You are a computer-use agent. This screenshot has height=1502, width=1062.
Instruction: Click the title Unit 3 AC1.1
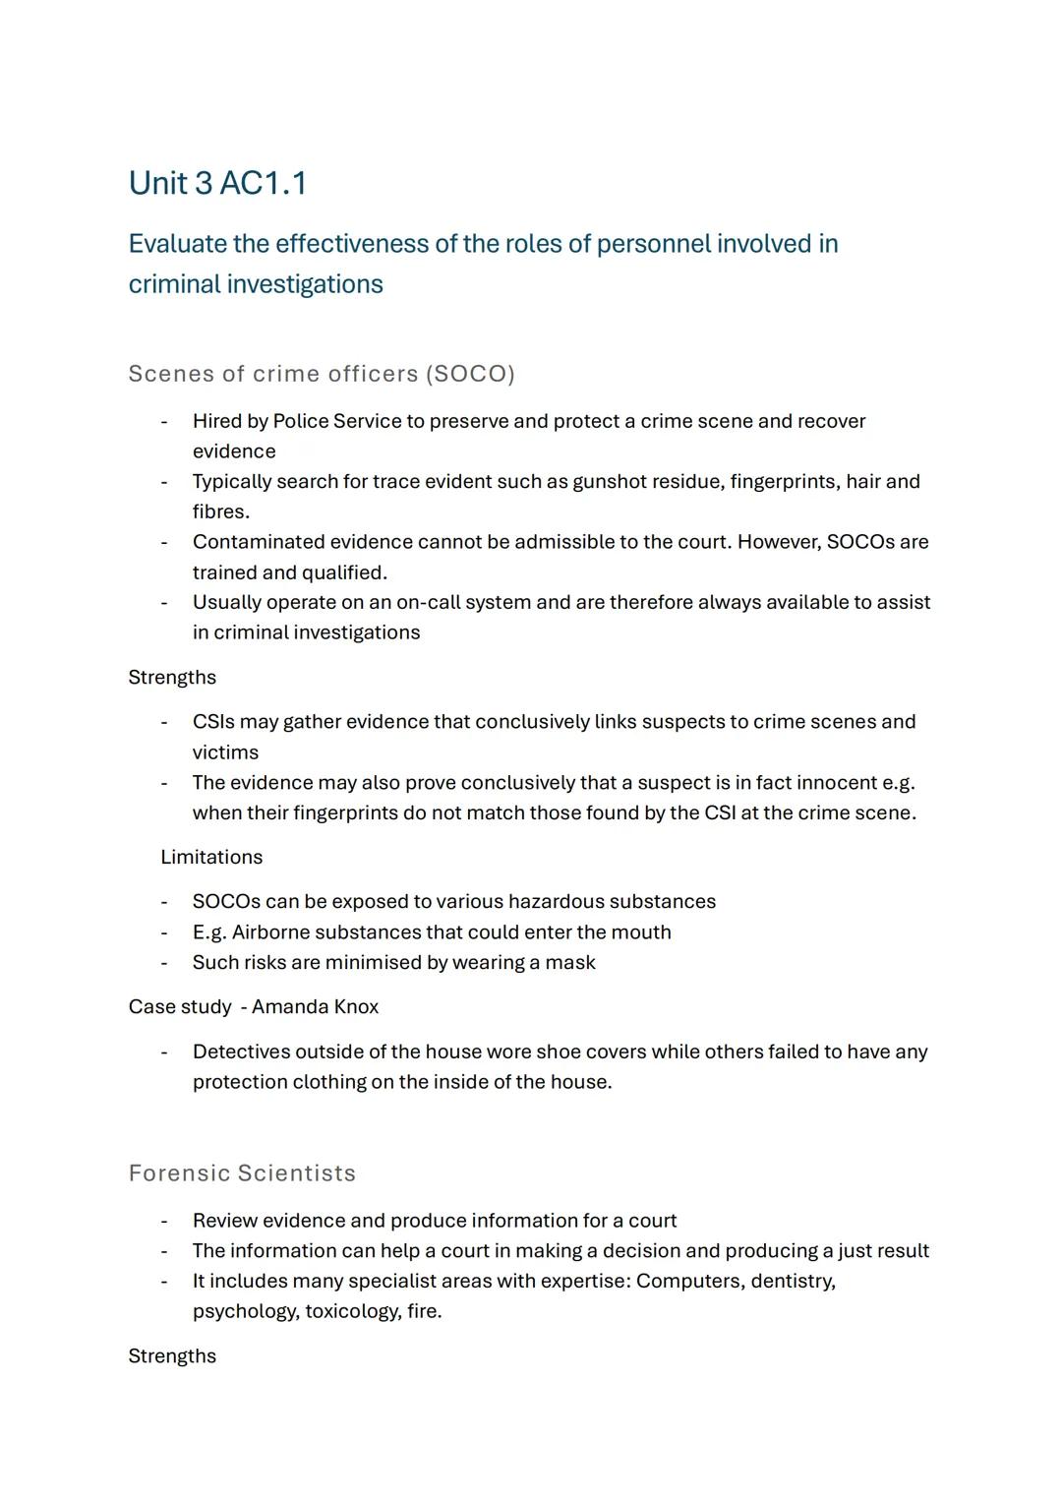217,183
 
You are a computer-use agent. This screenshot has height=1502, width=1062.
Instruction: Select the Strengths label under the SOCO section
172,678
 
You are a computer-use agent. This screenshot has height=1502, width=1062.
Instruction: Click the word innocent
836,783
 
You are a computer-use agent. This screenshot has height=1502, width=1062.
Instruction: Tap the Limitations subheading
211,857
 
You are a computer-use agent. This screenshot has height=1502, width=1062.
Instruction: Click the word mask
571,962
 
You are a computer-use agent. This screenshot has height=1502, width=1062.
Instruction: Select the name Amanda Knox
315,1007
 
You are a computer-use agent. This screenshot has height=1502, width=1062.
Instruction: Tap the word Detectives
241,1051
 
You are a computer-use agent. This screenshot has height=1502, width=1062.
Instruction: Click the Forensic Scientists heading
242,1173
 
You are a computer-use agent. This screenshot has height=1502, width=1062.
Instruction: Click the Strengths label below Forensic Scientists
172,1356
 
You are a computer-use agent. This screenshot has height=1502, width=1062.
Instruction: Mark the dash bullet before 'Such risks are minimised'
164,962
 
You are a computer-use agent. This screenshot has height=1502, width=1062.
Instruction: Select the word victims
225,752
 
